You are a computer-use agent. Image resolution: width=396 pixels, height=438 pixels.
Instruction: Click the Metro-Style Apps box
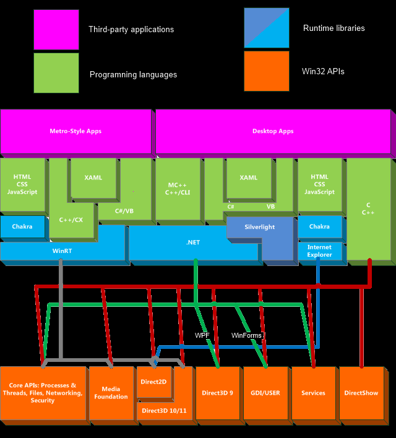75,131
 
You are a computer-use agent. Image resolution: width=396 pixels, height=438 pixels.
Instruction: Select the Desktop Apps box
273,131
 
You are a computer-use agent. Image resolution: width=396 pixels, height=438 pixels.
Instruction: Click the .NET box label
192,243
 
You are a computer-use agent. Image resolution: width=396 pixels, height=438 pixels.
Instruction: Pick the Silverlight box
259,227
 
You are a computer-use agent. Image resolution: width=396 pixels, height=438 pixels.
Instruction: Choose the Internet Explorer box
319,251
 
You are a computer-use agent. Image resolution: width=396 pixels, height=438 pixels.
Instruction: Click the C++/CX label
71,220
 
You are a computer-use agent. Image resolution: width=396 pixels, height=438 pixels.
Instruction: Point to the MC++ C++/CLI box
178,189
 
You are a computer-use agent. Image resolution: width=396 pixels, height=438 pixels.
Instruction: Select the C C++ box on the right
368,208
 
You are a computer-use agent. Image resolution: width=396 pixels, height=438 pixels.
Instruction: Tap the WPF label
202,335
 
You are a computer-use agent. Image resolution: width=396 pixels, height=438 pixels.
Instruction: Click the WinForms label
247,335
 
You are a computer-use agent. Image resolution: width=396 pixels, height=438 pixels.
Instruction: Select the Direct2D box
153,382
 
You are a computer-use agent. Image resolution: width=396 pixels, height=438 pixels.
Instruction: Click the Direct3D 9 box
217,393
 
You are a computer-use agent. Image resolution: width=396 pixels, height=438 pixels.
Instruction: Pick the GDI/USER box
265,393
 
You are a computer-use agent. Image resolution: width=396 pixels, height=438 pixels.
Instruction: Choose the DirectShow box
361,393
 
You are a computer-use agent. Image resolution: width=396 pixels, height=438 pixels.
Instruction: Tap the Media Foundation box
111,393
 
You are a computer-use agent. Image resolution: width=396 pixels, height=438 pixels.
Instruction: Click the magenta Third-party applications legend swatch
56,29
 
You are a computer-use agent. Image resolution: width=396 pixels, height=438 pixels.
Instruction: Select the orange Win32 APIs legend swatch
267,71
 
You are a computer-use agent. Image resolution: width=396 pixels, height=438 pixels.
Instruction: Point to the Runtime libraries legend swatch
267,28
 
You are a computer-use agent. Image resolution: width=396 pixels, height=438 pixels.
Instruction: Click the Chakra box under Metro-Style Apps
22,226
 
